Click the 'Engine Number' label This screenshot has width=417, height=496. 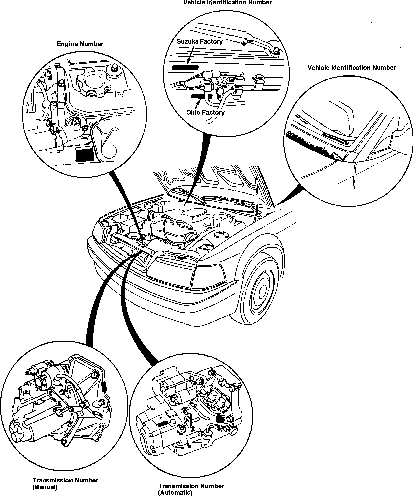click(80, 44)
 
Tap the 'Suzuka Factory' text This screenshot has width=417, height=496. click(199, 41)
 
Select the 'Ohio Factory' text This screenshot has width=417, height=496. click(205, 112)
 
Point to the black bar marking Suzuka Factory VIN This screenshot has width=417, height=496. click(185, 68)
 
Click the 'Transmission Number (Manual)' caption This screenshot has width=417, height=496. click(65, 483)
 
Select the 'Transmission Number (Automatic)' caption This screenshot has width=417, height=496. click(191, 489)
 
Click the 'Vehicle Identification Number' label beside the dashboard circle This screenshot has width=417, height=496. click(352, 68)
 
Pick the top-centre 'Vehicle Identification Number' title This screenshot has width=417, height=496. click(228, 3)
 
